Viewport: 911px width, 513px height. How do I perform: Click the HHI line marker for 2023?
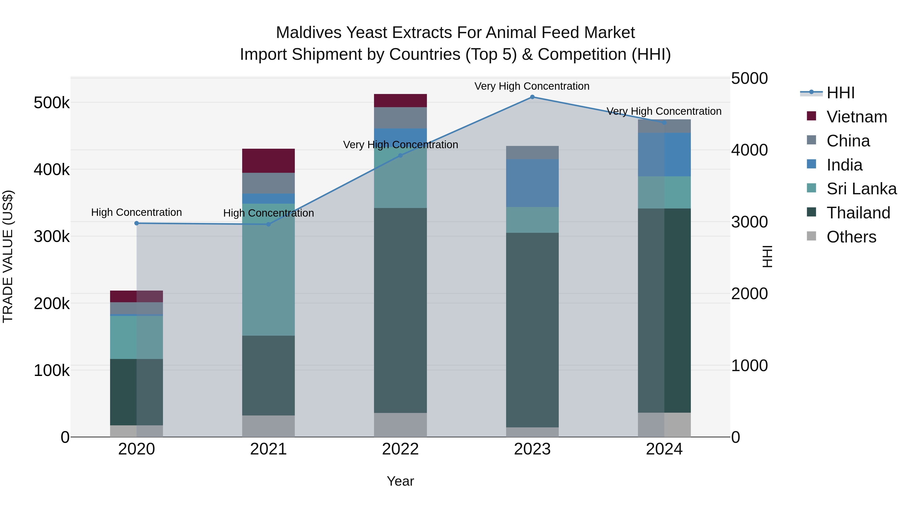pos(532,97)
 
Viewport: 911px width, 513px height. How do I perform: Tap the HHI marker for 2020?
pos(136,223)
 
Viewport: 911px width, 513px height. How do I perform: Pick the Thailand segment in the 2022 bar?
pos(400,310)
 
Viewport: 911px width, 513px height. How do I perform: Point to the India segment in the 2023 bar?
pos(532,183)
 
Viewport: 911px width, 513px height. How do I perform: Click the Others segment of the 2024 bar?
pos(664,425)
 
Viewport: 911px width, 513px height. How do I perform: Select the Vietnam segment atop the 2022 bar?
pos(400,101)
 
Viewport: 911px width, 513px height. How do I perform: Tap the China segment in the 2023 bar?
pos(532,153)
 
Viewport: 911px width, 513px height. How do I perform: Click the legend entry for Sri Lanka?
pos(861,189)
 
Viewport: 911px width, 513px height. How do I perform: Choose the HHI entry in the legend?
pos(840,93)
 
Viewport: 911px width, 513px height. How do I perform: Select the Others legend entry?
pos(851,237)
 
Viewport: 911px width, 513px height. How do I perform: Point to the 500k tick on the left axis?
pos(52,103)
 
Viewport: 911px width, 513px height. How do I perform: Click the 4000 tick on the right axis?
pos(749,150)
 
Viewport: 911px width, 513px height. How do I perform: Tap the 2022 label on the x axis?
pos(400,449)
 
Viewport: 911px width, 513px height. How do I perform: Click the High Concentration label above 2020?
pos(136,213)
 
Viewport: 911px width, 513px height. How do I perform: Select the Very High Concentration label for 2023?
pos(532,86)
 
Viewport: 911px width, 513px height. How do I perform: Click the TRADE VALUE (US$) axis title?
pos(8,256)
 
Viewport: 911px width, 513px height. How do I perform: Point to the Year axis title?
pos(400,481)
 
